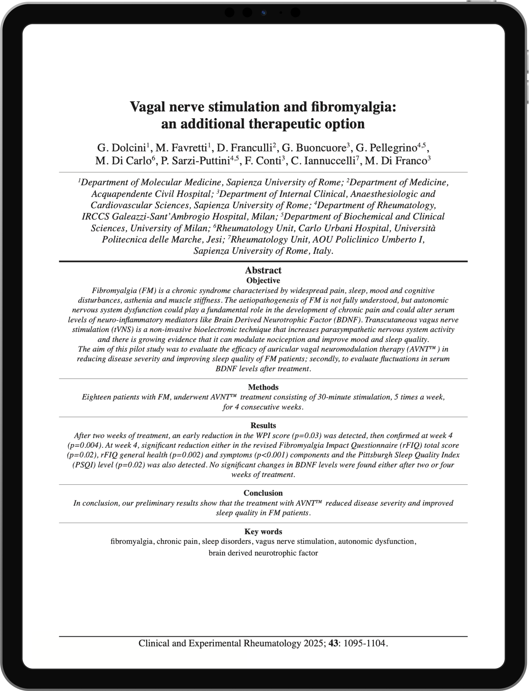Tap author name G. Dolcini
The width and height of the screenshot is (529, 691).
[122, 148]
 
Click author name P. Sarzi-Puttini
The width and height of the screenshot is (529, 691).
[195, 161]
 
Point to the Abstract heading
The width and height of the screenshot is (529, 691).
[263, 270]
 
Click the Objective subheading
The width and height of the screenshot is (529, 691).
[263, 280]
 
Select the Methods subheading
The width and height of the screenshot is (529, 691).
[263, 387]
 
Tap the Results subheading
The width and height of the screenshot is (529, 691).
[263, 425]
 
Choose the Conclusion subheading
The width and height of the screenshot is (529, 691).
[263, 493]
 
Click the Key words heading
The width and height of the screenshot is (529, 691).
[263, 532]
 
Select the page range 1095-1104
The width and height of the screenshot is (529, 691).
[364, 643]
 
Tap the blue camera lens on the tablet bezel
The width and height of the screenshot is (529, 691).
[264, 13]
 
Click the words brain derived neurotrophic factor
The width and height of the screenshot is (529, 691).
[263, 553]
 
